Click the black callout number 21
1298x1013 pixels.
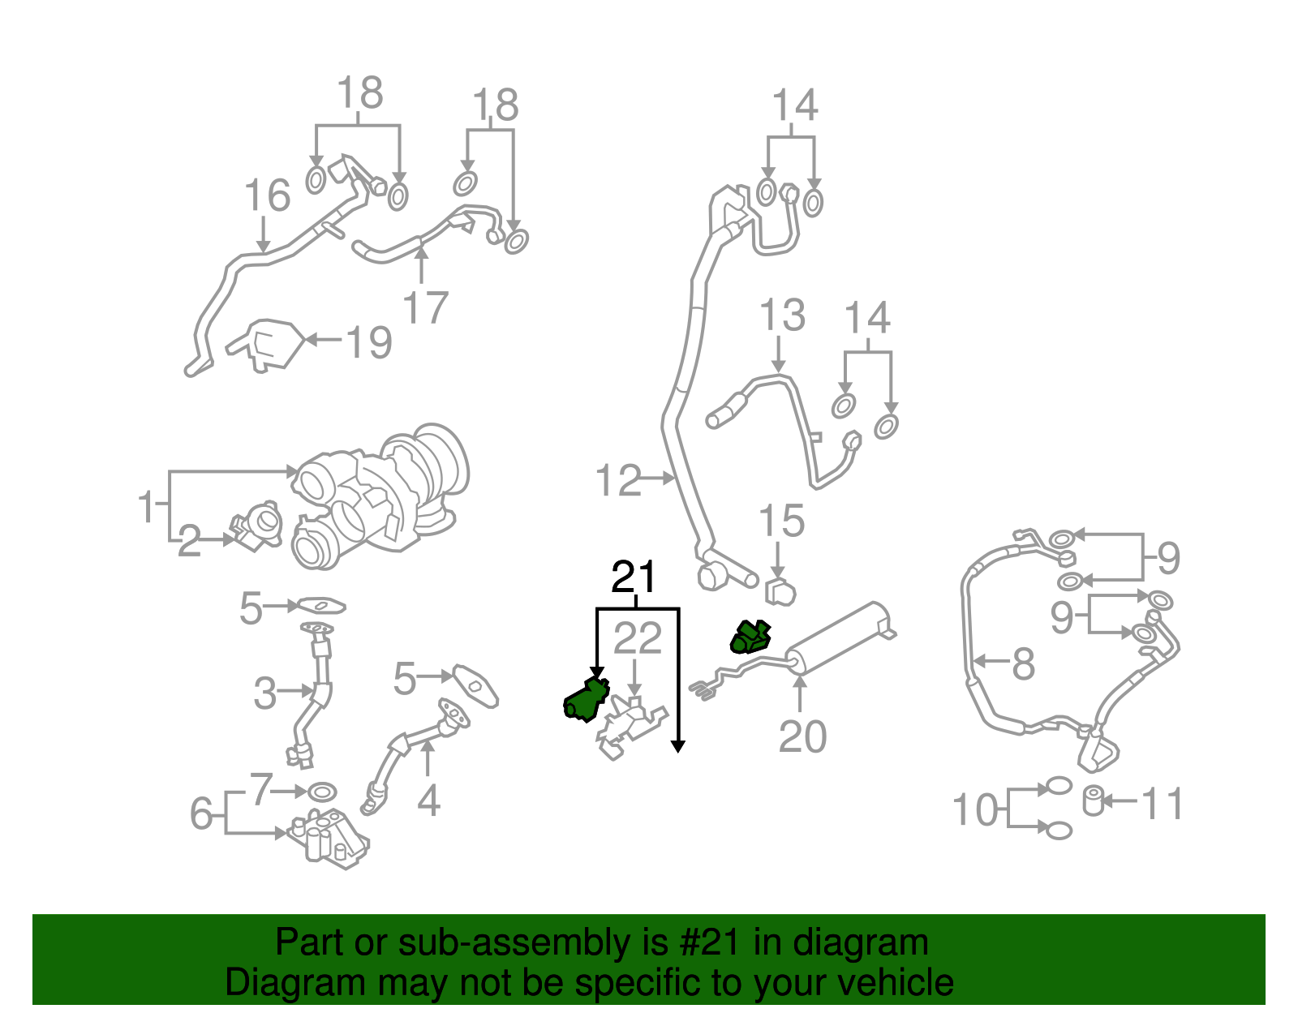(634, 577)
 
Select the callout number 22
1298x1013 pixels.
(638, 639)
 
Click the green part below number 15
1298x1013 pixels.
(750, 637)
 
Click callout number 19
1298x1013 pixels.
(370, 342)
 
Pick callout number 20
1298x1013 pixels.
(802, 736)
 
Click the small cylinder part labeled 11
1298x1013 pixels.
(1093, 801)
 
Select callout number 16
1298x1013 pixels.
(268, 195)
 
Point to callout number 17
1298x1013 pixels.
(426, 307)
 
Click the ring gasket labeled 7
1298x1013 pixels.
(323, 791)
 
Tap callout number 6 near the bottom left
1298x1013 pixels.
(202, 813)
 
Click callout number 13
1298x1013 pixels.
(782, 315)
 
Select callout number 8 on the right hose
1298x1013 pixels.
(1024, 663)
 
